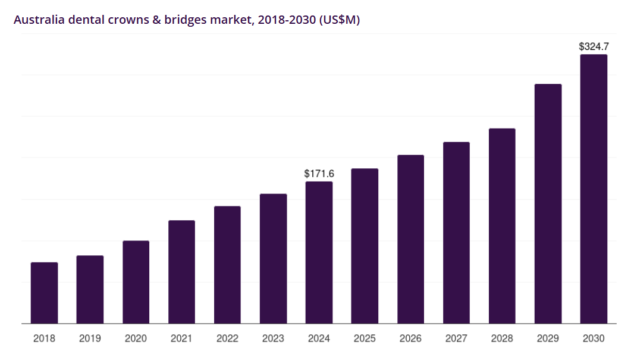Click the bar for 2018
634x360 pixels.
(x=44, y=293)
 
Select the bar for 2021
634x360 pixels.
(x=181, y=272)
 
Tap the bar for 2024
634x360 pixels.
(x=319, y=252)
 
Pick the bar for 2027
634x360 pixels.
(x=456, y=233)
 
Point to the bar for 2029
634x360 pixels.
(x=548, y=204)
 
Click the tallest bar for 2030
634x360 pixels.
(x=594, y=189)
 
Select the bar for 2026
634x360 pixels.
(x=410, y=239)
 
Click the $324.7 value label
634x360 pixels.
(x=594, y=46)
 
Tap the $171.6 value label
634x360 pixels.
(x=319, y=174)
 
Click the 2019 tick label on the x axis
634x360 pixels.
(x=90, y=339)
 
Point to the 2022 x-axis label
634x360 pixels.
(x=227, y=339)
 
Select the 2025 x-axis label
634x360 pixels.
(x=365, y=339)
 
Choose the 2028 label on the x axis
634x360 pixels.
(x=502, y=339)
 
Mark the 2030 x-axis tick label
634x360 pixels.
(x=594, y=339)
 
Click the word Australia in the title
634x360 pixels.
(x=39, y=20)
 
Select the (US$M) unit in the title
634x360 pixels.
(x=339, y=20)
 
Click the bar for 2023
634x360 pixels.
(x=273, y=259)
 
